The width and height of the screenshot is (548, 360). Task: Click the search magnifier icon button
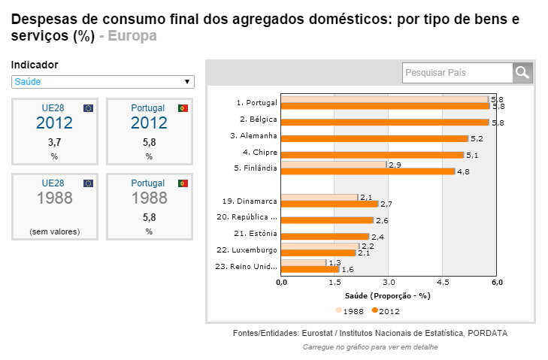tap(522, 72)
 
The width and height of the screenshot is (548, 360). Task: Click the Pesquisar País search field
tap(457, 72)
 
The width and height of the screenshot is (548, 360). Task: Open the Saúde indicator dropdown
tap(103, 81)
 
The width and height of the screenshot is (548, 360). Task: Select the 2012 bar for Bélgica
tap(385, 122)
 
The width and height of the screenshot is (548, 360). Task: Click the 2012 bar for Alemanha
tap(374, 138)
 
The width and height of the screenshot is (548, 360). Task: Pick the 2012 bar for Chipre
tap(372, 155)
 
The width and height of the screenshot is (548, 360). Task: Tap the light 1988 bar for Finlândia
tap(334, 164)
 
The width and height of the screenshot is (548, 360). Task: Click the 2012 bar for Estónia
tap(325, 237)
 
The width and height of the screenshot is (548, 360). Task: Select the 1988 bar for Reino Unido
tap(304, 262)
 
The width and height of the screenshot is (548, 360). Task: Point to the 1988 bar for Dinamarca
tap(319, 197)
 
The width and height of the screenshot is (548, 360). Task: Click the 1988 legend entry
tap(351, 310)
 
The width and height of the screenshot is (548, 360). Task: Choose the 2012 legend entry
tap(386, 310)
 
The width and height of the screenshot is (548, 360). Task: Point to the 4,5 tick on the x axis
tap(443, 282)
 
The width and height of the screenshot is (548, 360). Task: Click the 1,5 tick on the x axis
tap(335, 282)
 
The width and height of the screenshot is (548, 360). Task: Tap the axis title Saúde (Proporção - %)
tap(389, 295)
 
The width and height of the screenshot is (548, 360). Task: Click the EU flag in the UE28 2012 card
tap(89, 108)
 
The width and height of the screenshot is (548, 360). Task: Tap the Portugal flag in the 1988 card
tap(183, 183)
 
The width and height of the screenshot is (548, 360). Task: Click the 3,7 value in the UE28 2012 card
tap(55, 141)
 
